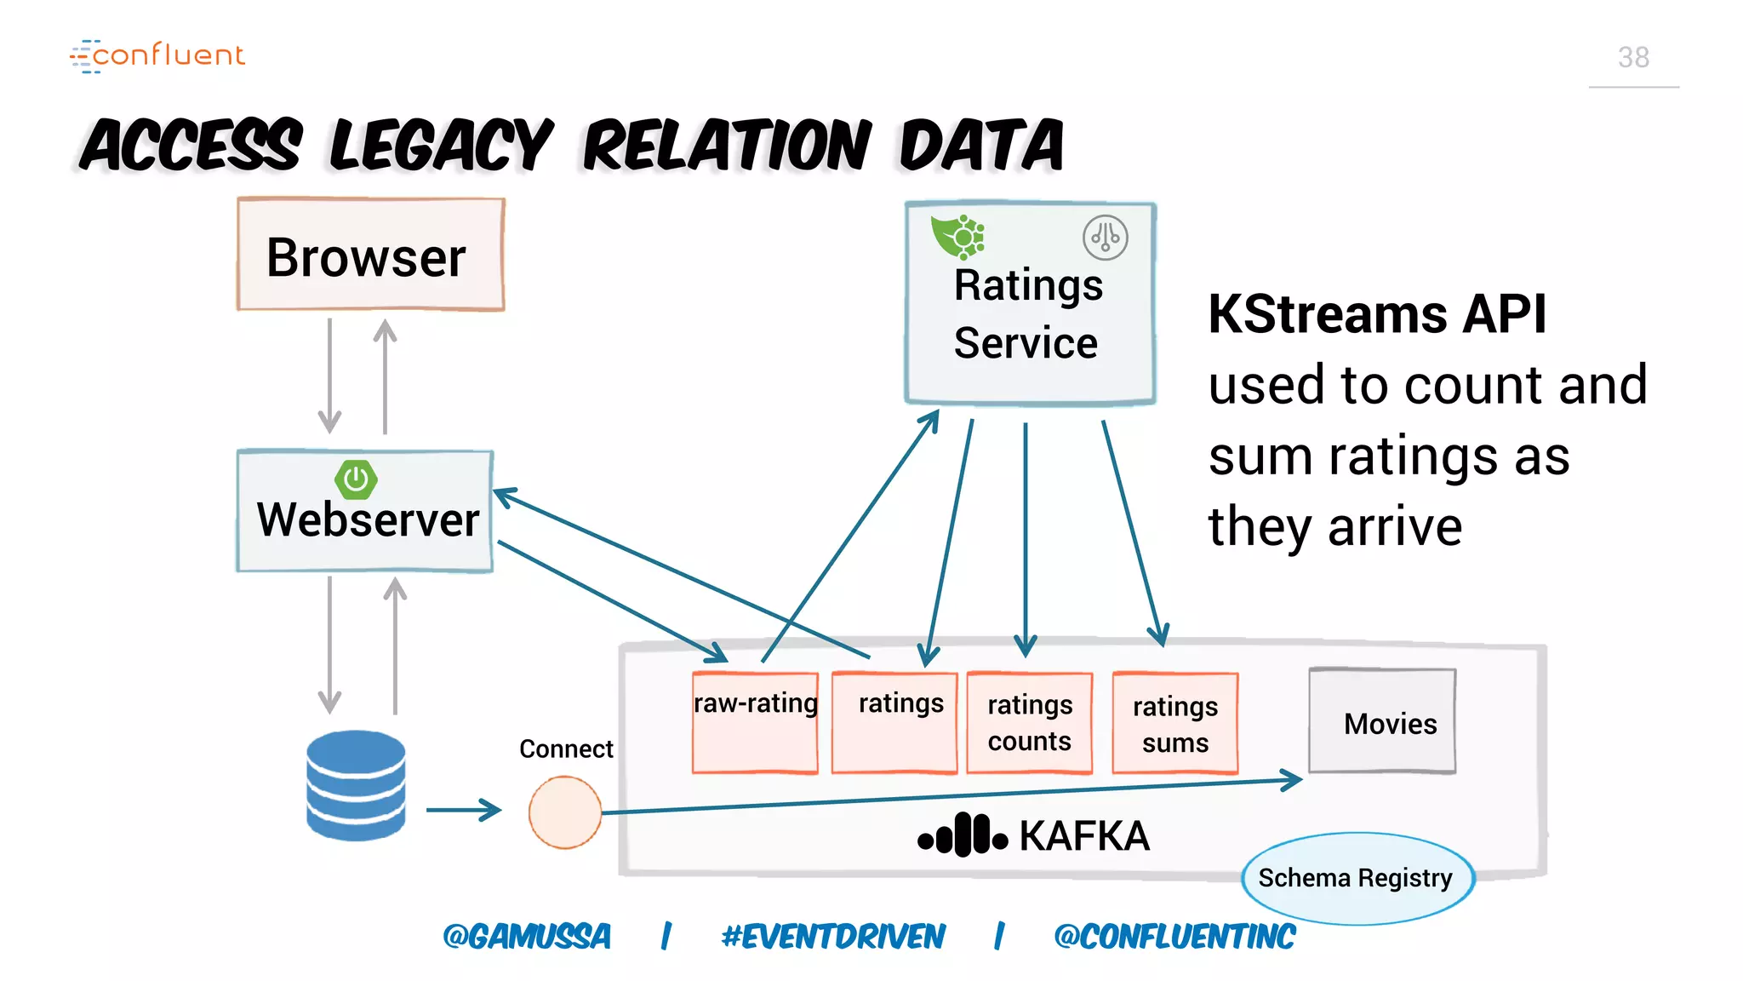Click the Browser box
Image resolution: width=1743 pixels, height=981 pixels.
pyautogui.click(x=370, y=255)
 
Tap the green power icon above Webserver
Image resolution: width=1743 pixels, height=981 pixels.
pyautogui.click(x=356, y=479)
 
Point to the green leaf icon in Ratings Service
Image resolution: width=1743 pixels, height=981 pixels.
pyautogui.click(x=957, y=236)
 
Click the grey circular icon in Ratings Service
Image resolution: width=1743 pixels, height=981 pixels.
pyautogui.click(x=1105, y=238)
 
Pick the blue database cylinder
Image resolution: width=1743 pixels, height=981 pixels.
pyautogui.click(x=356, y=785)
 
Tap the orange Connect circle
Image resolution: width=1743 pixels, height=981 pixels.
pyautogui.click(x=564, y=812)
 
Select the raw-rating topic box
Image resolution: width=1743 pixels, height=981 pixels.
pyautogui.click(x=755, y=723)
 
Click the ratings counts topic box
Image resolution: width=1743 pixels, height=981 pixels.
pyautogui.click(x=1029, y=723)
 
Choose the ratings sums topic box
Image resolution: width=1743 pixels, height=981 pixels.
pyautogui.click(x=1174, y=724)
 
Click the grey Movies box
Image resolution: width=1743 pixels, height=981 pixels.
pyautogui.click(x=1382, y=721)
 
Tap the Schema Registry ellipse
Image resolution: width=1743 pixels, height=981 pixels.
pyautogui.click(x=1357, y=878)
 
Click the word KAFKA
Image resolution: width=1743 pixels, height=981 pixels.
pyautogui.click(x=1084, y=835)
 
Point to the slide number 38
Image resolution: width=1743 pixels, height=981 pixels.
pyautogui.click(x=1632, y=57)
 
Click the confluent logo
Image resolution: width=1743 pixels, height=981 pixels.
pyautogui.click(x=158, y=55)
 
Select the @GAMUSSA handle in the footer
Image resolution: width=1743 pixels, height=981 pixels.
pyautogui.click(x=527, y=937)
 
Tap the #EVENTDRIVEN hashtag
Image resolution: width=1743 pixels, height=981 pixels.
pyautogui.click(x=832, y=937)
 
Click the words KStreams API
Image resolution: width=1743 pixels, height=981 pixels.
pyautogui.click(x=1376, y=314)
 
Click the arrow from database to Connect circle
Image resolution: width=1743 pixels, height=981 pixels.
pyautogui.click(x=464, y=810)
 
